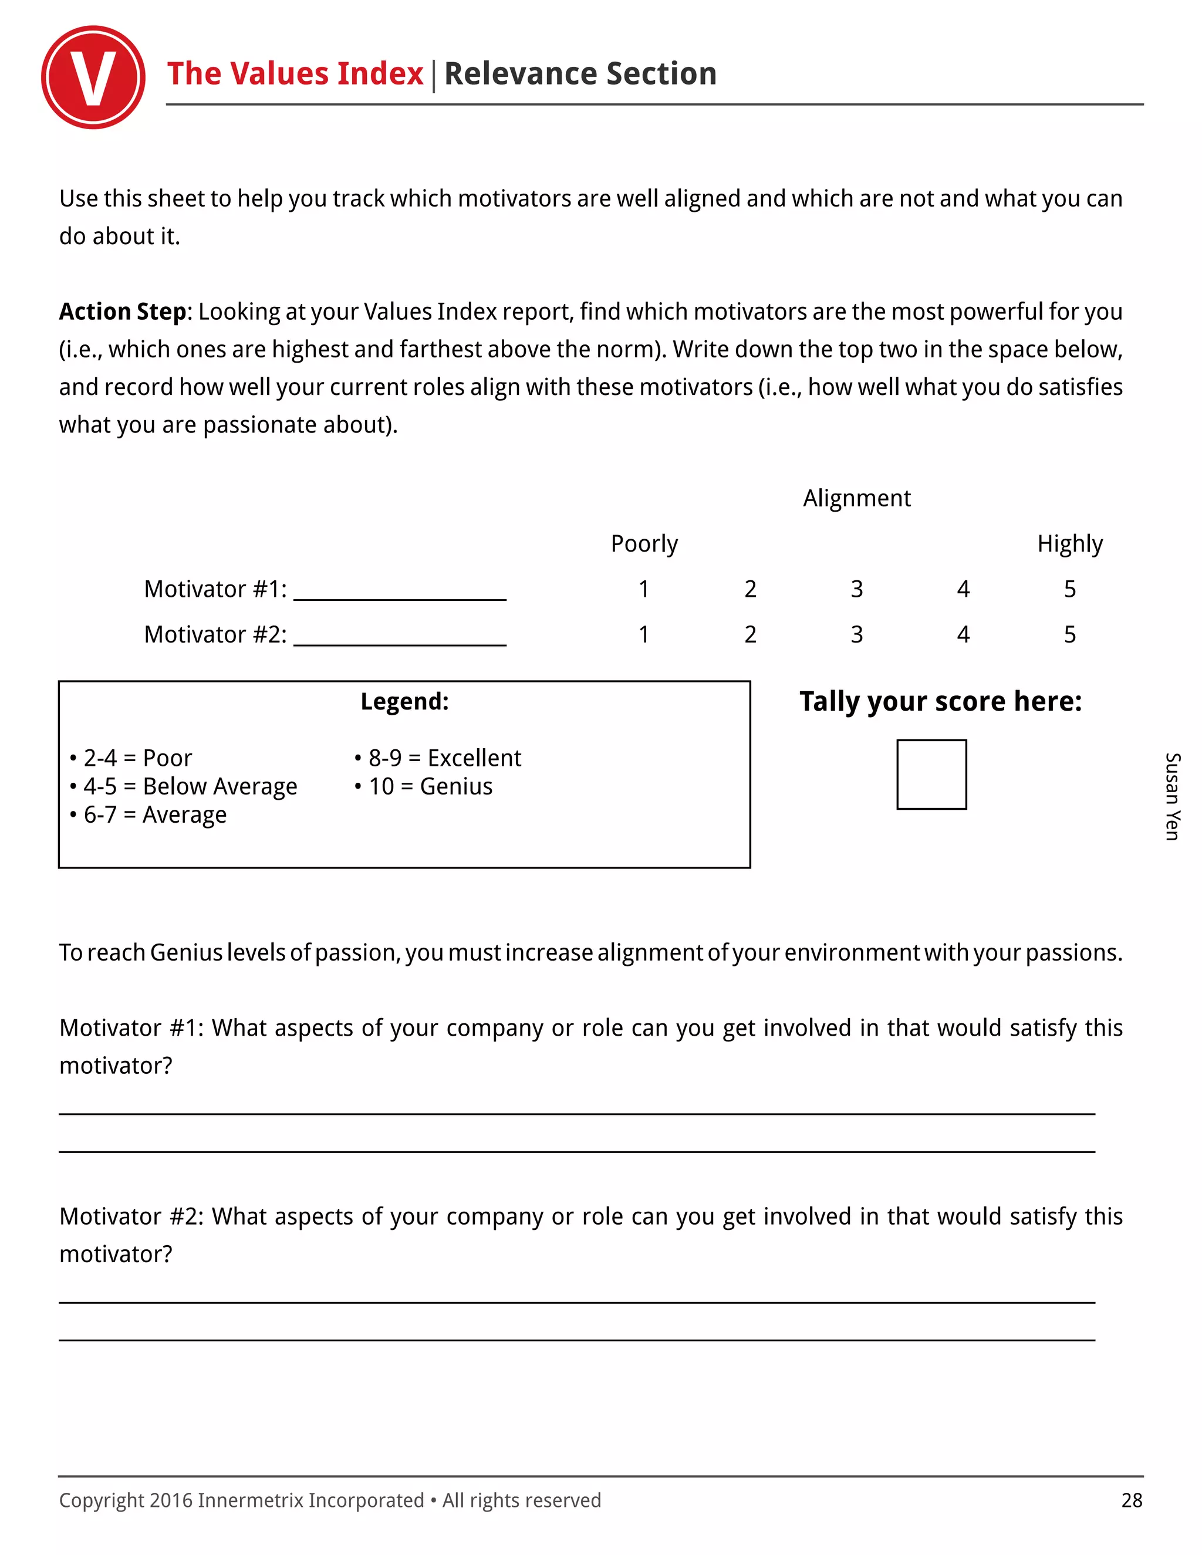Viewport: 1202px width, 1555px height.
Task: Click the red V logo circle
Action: (x=93, y=77)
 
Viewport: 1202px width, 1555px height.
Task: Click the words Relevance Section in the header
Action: (x=580, y=74)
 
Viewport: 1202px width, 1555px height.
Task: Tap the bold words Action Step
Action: (x=123, y=312)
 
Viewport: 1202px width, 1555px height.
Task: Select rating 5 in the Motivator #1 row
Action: (x=1069, y=589)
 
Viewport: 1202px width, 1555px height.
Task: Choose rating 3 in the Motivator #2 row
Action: (x=857, y=634)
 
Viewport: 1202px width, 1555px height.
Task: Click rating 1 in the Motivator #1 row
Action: (x=644, y=589)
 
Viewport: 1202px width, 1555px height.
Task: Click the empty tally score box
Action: (x=931, y=775)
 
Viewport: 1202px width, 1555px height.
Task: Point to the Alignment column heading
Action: (x=857, y=498)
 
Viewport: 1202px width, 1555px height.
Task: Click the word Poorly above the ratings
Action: (x=644, y=544)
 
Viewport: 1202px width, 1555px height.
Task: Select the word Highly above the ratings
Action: (x=1069, y=544)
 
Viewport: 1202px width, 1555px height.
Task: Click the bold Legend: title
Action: (x=404, y=701)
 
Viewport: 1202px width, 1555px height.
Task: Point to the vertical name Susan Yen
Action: (x=1172, y=796)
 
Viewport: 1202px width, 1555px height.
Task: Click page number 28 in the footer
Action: (x=1131, y=1500)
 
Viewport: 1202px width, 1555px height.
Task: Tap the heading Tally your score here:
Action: (x=940, y=701)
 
